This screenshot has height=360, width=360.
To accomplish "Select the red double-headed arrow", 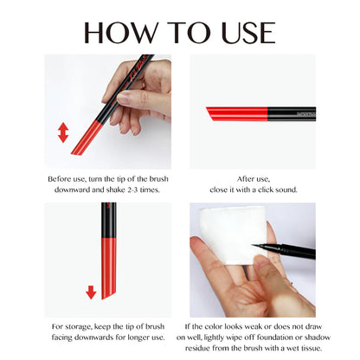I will click(x=62, y=132).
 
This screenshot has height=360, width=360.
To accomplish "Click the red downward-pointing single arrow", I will click(x=90, y=292).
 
